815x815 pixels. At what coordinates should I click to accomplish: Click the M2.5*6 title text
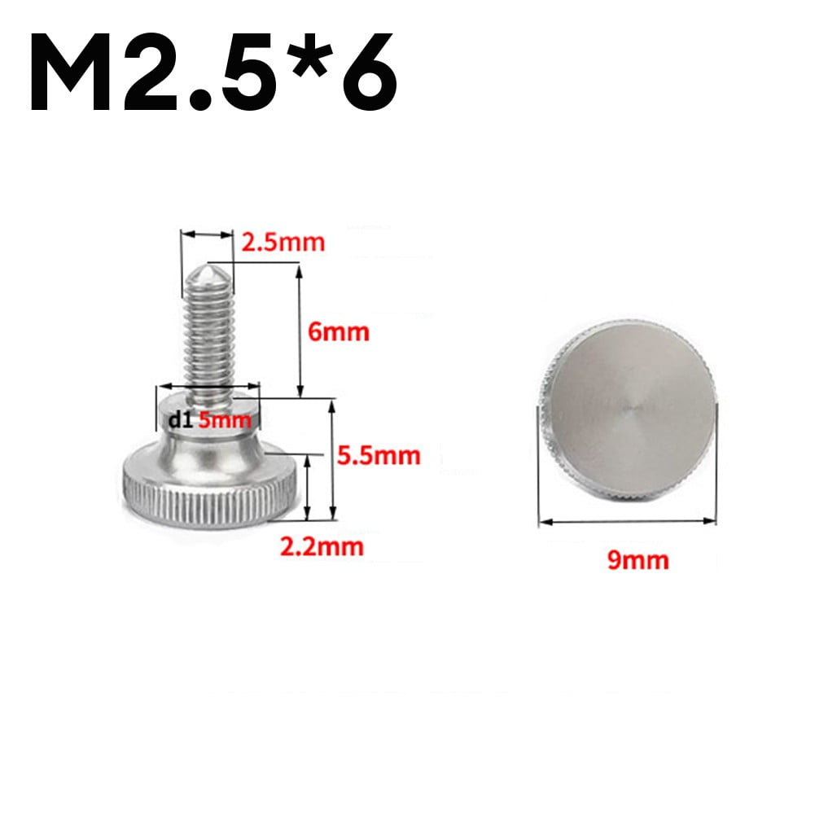click(213, 72)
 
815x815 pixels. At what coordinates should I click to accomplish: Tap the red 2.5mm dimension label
click(283, 242)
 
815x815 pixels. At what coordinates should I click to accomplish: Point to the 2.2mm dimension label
click(322, 546)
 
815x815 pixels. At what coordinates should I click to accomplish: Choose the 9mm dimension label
click(638, 559)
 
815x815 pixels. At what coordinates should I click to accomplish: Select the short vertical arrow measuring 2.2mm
click(307, 487)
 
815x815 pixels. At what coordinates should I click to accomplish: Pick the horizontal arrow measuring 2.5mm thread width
click(207, 234)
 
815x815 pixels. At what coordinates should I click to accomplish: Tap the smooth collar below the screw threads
click(207, 436)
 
